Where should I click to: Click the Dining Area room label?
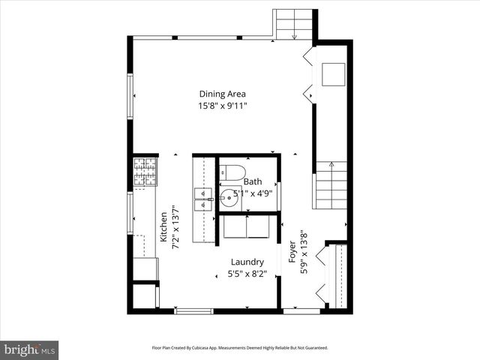222,94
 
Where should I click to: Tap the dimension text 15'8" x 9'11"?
222,106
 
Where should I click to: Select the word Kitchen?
163,226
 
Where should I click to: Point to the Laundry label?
247,262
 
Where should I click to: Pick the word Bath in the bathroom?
253,181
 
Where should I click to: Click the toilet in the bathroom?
232,172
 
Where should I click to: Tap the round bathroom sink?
228,199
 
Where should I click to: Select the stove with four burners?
145,171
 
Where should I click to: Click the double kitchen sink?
202,200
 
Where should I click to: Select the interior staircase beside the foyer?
331,186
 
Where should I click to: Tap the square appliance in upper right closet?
334,74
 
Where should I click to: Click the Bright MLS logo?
29,349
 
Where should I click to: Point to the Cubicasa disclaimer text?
240,348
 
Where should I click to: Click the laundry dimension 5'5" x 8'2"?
247,274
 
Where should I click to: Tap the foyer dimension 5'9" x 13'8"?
304,253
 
